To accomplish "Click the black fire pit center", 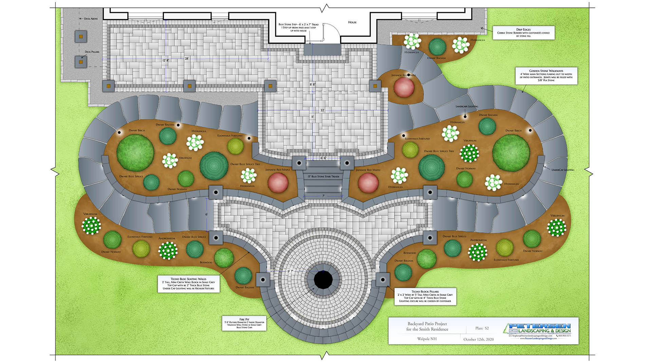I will point(323,280).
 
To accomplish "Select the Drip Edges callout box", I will point(523,33).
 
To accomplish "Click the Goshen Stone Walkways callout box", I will point(546,76).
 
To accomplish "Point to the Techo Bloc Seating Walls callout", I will point(188,284).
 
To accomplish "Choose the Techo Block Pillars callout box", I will point(425,296).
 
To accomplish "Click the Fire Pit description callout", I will point(244,323).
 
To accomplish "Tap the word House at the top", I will point(352,22).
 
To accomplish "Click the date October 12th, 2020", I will point(478,339).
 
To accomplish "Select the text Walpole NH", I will point(427,339).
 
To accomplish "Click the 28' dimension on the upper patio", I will point(187,59).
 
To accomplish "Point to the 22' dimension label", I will point(322,110).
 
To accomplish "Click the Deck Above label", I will point(91,19).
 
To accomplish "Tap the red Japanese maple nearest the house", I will point(404,87).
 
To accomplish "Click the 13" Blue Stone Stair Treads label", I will point(323,177).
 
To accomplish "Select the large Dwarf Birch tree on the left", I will point(135,153).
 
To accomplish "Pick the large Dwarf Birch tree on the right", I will point(511,153).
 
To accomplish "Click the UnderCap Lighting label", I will point(563,170).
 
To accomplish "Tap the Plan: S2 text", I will point(482,328).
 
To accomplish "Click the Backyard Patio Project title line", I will point(427,324).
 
